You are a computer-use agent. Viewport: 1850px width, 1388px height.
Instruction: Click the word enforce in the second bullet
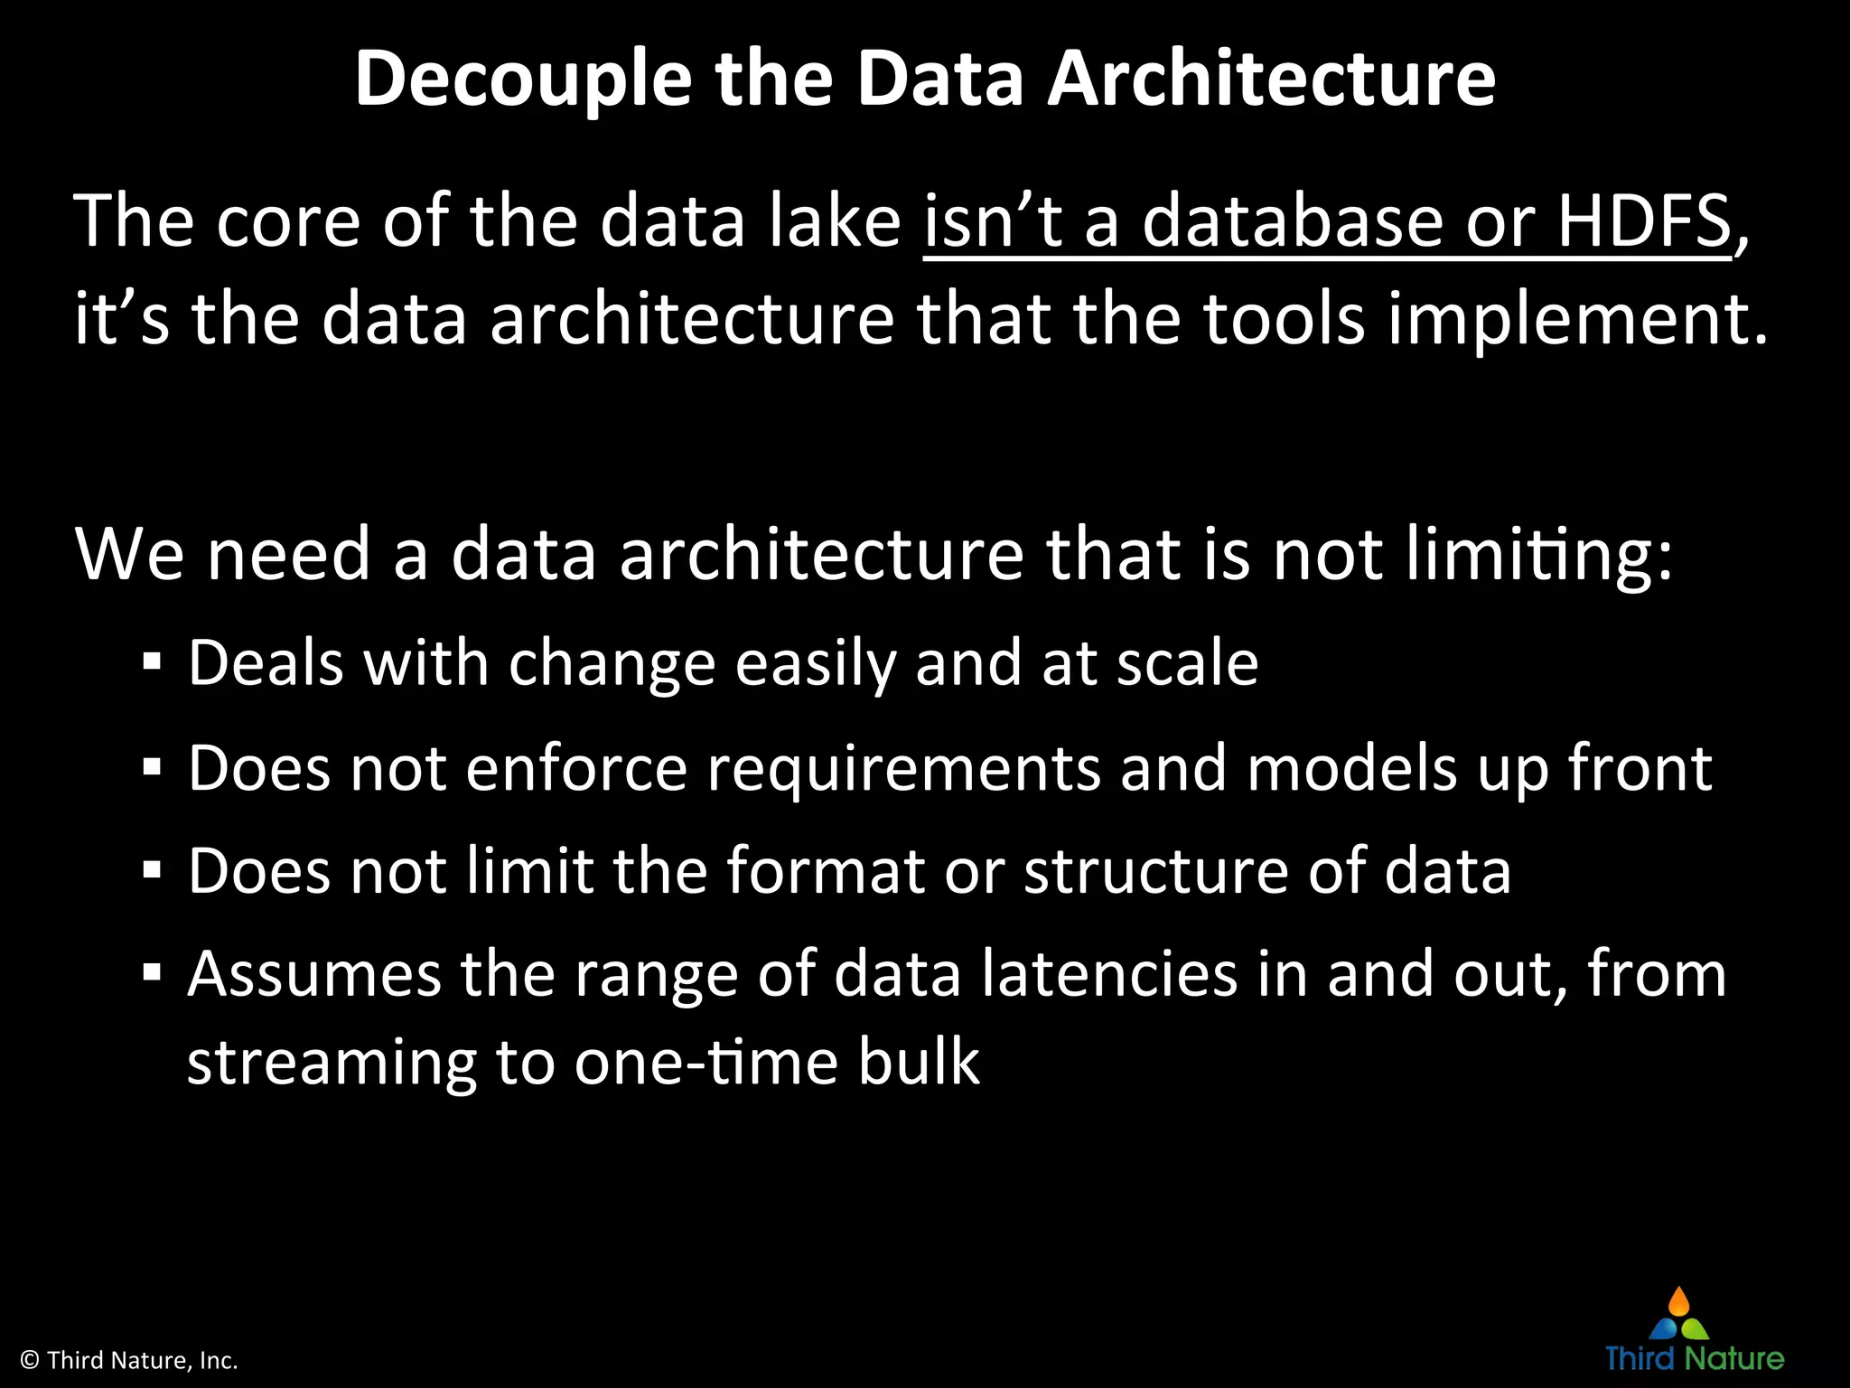(576, 769)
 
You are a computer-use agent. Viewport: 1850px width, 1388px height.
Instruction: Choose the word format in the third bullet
(826, 872)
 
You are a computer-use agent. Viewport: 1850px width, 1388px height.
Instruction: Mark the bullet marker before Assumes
(152, 975)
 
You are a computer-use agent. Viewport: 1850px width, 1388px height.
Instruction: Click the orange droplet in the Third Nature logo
(1678, 1302)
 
